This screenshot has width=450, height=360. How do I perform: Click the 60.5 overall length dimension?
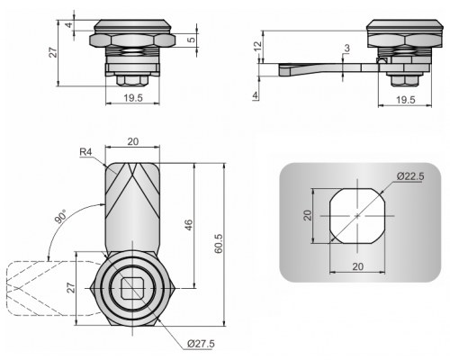pyautogui.click(x=219, y=244)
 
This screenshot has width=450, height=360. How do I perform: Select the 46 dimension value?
pyautogui.click(x=188, y=225)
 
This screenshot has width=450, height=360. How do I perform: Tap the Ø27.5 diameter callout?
pyautogui.click(x=201, y=344)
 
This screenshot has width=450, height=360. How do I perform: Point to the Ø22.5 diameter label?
pyautogui.click(x=410, y=176)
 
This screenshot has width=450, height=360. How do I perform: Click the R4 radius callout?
pyautogui.click(x=85, y=152)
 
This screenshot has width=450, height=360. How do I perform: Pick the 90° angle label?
pyautogui.click(x=61, y=217)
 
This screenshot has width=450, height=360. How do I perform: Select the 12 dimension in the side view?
pyautogui.click(x=257, y=46)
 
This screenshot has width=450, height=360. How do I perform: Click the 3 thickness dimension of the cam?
pyautogui.click(x=347, y=48)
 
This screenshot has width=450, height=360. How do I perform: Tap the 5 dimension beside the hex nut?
pyautogui.click(x=192, y=40)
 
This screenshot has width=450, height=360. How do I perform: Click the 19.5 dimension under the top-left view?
pyautogui.click(x=133, y=98)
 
